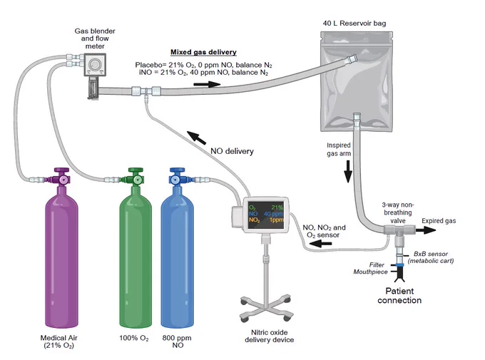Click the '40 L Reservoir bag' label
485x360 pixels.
tap(354, 24)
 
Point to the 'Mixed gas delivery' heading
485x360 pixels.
tap(203, 52)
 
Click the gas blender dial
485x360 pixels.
tap(94, 65)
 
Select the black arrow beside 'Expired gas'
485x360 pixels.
tap(425, 230)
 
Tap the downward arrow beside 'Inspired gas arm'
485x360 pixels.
tap(348, 171)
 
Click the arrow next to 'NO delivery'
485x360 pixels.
tap(196, 138)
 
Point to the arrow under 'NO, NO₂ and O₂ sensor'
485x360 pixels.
tap(321, 244)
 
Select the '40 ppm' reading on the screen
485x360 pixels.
tap(273, 214)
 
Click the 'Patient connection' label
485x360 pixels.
tap(399, 296)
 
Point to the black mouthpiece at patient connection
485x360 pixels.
tap(399, 274)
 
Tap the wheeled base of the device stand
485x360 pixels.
tap(266, 308)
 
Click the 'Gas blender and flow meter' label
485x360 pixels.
tap(95, 38)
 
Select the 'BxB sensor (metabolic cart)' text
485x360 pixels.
tap(431, 257)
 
